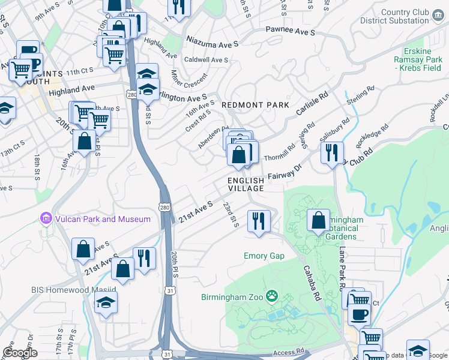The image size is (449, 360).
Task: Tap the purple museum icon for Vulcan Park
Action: click(x=45, y=219)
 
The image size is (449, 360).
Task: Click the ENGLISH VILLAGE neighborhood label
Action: click(x=246, y=184)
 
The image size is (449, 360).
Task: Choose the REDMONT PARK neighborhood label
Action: click(x=256, y=105)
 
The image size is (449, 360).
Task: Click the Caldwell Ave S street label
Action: click(x=206, y=60)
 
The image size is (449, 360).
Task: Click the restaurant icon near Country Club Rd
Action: click(x=332, y=152)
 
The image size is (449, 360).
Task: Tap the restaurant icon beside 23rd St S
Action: click(x=259, y=220)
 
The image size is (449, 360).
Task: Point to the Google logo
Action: click(x=20, y=353)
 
